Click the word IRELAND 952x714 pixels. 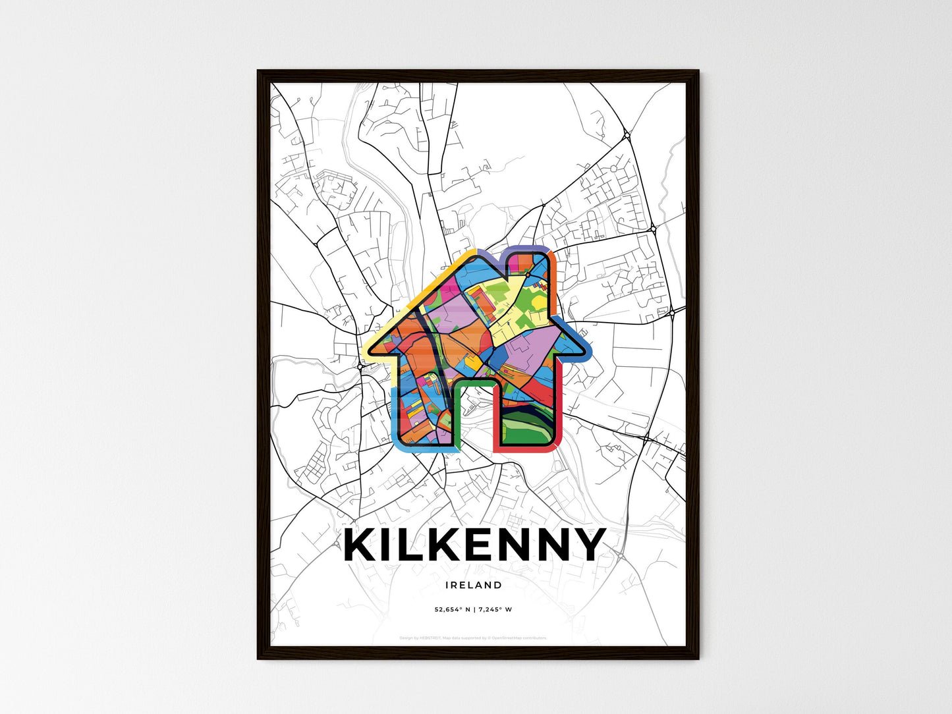pos(473,585)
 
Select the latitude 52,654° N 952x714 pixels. pos(452,609)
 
